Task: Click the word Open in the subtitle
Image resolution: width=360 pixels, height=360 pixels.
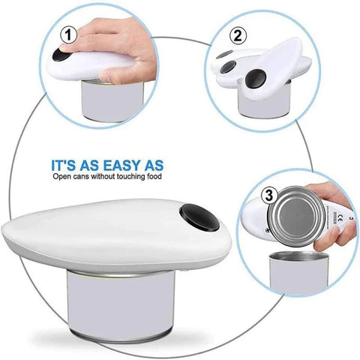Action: click(x=64, y=177)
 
